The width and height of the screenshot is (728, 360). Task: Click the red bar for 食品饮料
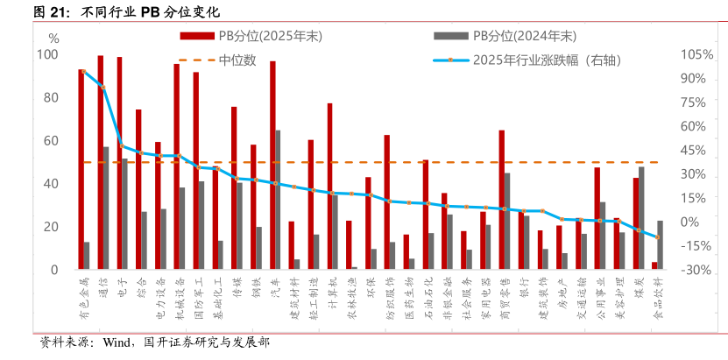tap(654, 265)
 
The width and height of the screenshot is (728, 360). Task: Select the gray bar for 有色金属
tap(87, 255)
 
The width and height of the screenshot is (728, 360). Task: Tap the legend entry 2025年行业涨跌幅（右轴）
tap(534, 60)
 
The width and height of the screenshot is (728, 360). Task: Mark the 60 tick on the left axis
tap(51, 140)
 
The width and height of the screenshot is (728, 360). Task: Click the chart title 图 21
tap(53, 11)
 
